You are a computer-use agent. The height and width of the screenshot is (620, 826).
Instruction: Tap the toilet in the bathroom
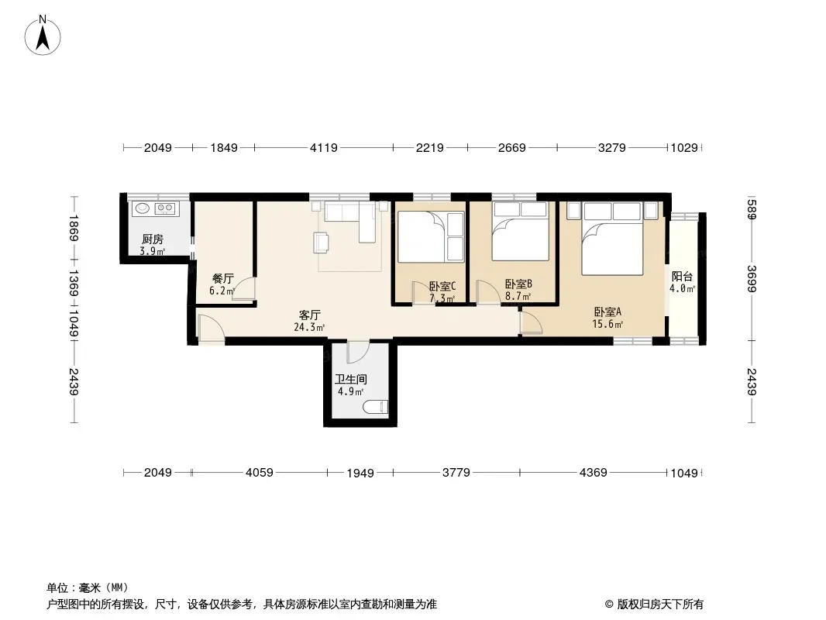coord(376,407)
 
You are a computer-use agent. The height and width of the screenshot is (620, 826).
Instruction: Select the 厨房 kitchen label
coord(153,240)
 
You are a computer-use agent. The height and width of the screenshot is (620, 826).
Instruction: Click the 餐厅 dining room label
coord(223,279)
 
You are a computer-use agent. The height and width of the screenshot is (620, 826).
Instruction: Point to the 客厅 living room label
coord(310,315)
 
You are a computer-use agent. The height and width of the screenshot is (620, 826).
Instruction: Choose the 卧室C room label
coord(442,287)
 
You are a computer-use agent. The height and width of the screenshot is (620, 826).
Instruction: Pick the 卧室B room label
coord(518,284)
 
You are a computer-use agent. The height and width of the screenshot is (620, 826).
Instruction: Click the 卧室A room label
coord(607,312)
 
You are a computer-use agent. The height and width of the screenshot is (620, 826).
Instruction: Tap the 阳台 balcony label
coord(682,277)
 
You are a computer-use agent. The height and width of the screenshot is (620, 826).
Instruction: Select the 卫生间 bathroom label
coord(351,379)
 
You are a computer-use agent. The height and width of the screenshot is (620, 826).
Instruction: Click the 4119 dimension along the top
coord(323,148)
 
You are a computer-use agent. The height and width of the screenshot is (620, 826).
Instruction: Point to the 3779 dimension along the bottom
coord(456,473)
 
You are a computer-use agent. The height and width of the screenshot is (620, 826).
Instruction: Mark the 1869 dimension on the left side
coord(73,228)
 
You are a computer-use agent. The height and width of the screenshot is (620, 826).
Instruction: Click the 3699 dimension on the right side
coord(752,279)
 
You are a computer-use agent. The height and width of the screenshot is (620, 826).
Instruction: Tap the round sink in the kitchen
coord(143,208)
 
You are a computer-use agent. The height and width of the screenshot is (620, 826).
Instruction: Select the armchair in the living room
coord(322,242)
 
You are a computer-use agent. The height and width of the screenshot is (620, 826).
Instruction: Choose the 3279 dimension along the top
coord(611,148)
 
